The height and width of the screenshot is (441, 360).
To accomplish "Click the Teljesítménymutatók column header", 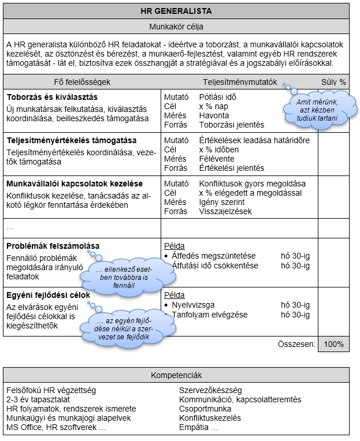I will point(240,82).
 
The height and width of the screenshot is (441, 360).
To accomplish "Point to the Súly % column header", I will point(333,82).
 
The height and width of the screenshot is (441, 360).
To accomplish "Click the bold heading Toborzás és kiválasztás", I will point(52,97).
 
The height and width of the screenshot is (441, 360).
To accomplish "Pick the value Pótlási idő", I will point(217,97).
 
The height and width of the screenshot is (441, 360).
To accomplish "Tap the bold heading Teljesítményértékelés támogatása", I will point(72,140).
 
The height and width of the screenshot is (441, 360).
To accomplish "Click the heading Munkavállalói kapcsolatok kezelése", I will point(75,184).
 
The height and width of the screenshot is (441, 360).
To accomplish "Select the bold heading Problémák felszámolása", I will point(53,246).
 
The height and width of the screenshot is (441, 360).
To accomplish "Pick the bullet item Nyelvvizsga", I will point(197,305).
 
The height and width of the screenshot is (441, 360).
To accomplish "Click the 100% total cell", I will point(333,344).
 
